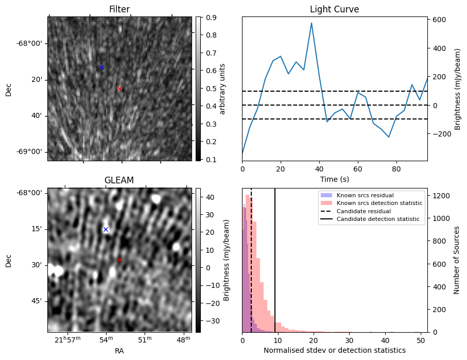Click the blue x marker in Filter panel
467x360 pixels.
click(101, 67)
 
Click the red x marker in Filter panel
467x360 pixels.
click(120, 89)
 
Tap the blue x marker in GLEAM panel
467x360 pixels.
click(106, 230)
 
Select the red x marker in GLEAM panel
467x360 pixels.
click(120, 260)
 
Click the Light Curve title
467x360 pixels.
click(334, 9)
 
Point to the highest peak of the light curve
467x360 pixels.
click(312, 23)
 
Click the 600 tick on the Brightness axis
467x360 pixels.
click(439, 20)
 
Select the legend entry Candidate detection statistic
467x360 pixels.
click(378, 219)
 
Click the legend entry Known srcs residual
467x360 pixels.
click(365, 196)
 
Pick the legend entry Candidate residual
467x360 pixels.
click(364, 212)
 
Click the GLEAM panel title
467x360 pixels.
click(119, 180)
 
